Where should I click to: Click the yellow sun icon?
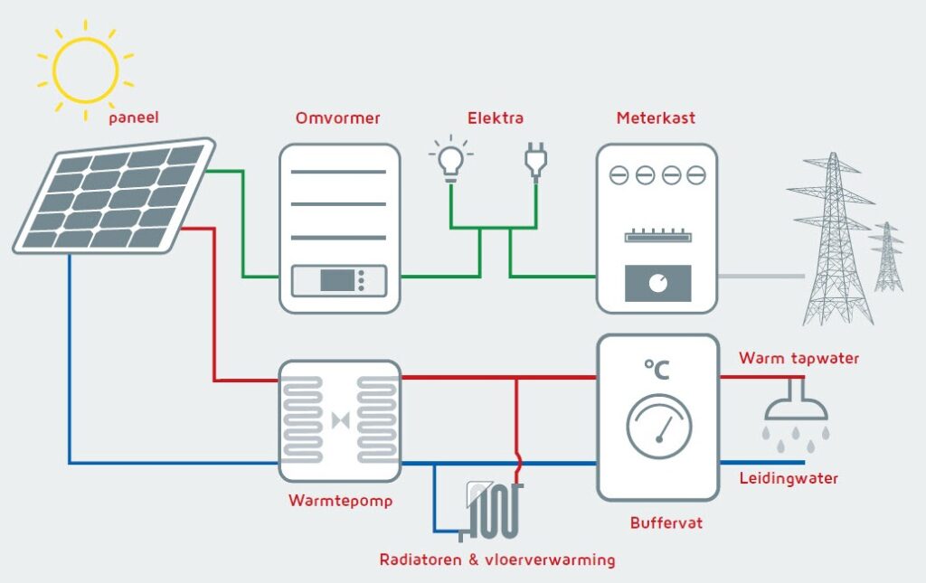(86, 71)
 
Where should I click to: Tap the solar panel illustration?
(114, 196)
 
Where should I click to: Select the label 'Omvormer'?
(338, 118)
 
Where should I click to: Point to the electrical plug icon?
(535, 161)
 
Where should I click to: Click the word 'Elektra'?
(496, 118)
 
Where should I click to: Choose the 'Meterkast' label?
(656, 118)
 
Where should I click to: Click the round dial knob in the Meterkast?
(658, 284)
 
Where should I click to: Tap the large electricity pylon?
(833, 239)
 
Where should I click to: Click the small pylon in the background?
(886, 257)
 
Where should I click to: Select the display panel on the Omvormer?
(339, 280)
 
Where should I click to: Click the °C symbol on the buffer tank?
(657, 370)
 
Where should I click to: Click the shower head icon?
(796, 413)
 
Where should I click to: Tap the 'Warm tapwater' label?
(799, 358)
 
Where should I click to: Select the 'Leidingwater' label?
(789, 478)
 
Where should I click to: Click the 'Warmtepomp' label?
(341, 501)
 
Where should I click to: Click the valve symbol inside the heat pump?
(341, 420)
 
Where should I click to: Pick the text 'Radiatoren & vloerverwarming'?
(497, 559)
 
